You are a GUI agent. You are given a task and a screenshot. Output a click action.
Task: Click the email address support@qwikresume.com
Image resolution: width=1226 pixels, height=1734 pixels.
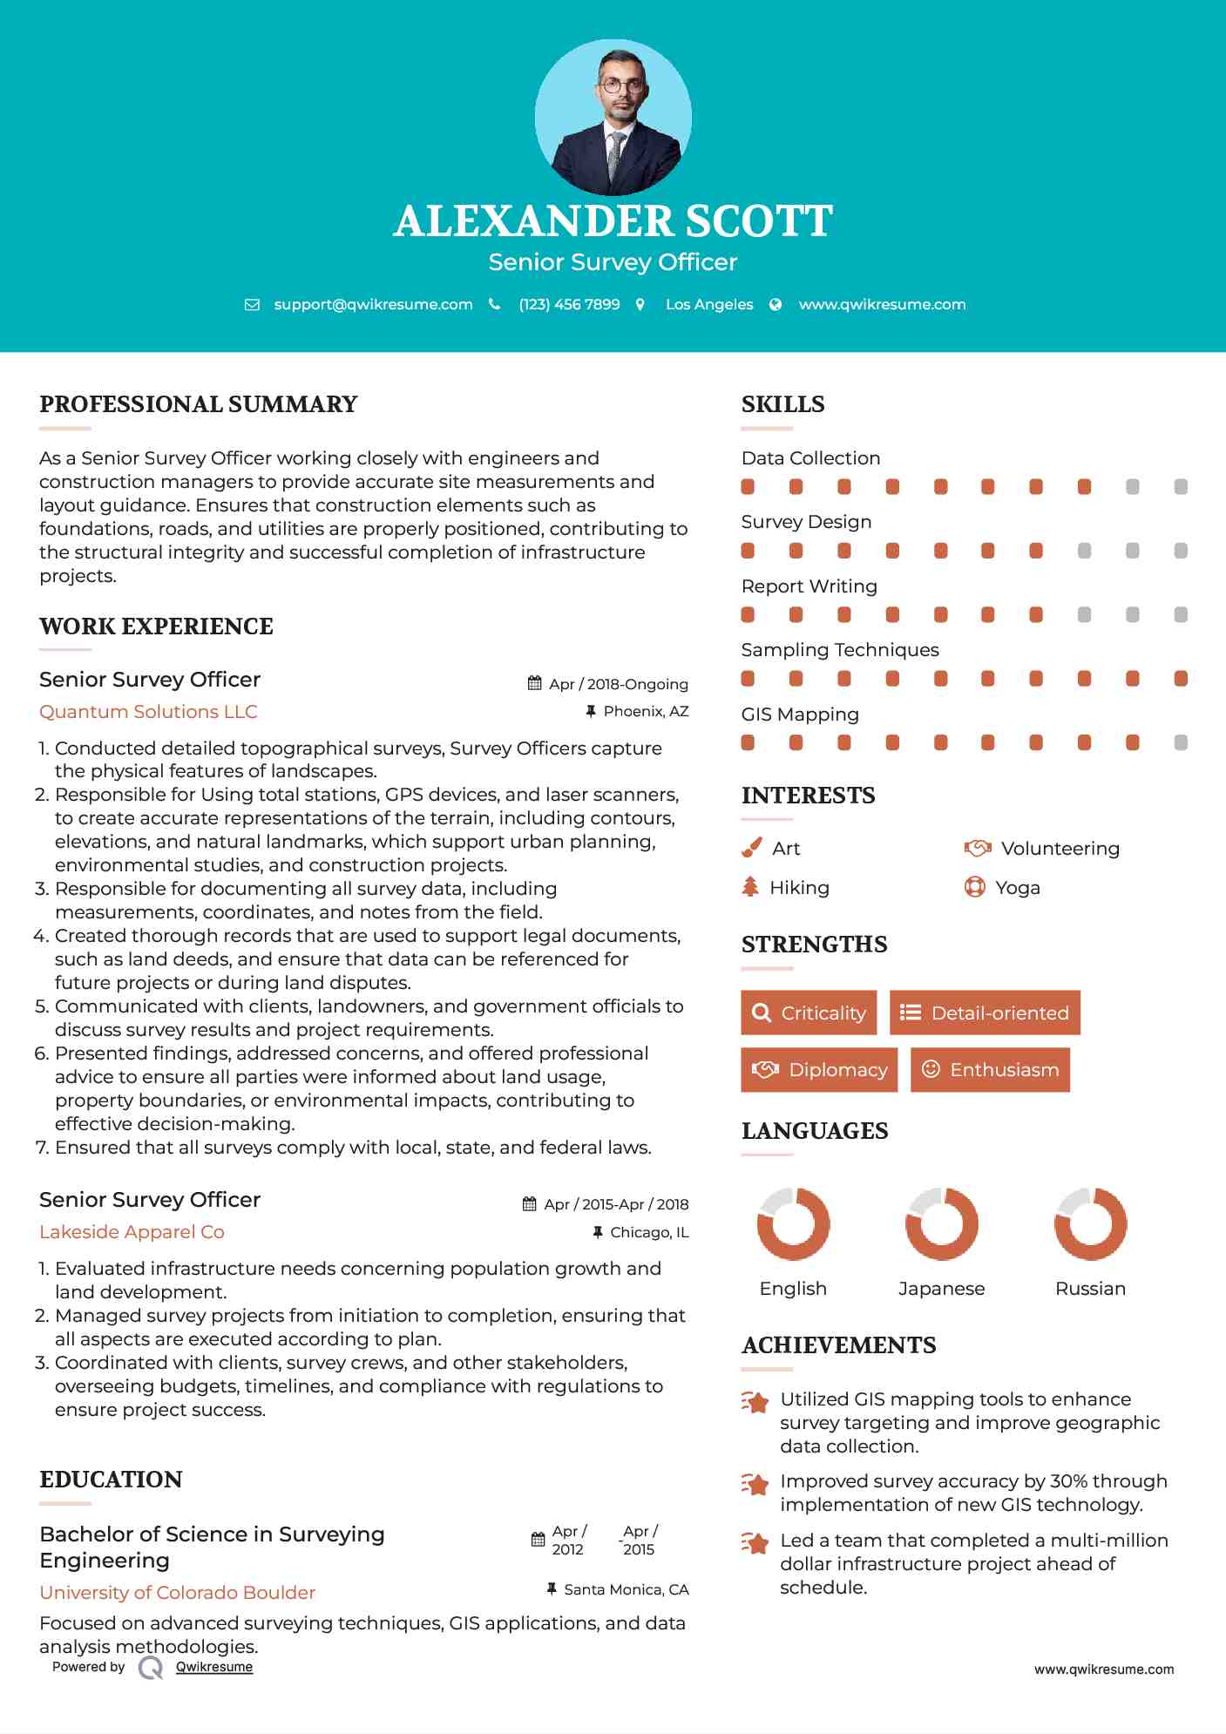point(373,305)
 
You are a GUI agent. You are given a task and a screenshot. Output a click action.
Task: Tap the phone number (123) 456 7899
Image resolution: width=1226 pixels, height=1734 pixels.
point(569,305)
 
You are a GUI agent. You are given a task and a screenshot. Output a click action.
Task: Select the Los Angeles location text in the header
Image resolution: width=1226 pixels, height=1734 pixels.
point(709,305)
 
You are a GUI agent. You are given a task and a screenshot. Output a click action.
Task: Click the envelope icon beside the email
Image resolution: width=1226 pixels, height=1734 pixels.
point(252,305)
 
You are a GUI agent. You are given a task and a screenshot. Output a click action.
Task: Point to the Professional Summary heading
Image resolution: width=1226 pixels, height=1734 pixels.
point(199,404)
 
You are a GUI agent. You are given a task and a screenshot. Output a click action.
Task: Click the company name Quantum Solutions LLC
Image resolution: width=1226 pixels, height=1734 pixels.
point(148,712)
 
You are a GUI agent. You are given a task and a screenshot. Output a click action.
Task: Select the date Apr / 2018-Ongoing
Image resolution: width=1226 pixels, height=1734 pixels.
point(618,684)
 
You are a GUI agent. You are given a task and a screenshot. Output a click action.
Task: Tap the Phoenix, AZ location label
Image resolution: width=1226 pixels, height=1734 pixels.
point(646,712)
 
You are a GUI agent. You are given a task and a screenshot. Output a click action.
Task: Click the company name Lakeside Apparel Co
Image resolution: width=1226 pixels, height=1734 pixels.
point(132,1232)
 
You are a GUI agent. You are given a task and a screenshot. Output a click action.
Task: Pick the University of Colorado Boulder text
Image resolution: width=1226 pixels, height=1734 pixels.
point(177,1593)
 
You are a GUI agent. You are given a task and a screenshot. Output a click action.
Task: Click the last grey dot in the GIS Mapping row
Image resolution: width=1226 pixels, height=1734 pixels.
point(1181,742)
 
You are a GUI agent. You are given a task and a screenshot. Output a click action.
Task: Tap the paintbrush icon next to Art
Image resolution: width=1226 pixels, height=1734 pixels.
point(751,848)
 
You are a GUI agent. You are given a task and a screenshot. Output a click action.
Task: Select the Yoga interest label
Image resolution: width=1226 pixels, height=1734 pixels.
point(1018,888)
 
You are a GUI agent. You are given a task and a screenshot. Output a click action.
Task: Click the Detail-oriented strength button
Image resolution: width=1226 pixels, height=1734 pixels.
point(985,1013)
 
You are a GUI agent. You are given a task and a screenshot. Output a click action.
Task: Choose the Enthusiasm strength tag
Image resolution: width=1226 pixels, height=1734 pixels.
point(990,1070)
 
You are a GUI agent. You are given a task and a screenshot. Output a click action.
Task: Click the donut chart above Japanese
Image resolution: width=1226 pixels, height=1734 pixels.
point(941,1223)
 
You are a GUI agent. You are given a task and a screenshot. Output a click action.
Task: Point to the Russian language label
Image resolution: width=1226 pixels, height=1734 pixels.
point(1090,1289)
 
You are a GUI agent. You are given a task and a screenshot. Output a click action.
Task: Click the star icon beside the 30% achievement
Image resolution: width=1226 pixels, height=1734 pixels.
point(755,1484)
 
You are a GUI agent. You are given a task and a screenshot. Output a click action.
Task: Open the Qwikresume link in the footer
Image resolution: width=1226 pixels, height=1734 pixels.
point(214,1667)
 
